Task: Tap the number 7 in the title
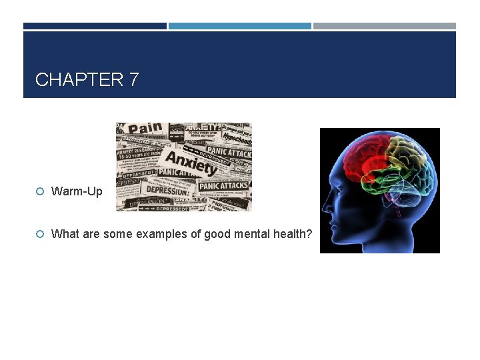click(133, 80)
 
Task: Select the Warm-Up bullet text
click(77, 192)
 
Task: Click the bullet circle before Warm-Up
click(40, 192)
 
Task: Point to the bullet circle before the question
click(40, 234)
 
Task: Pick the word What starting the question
click(65, 234)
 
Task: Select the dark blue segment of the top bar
click(95, 26)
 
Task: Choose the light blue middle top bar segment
click(239, 26)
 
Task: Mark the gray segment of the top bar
click(385, 26)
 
